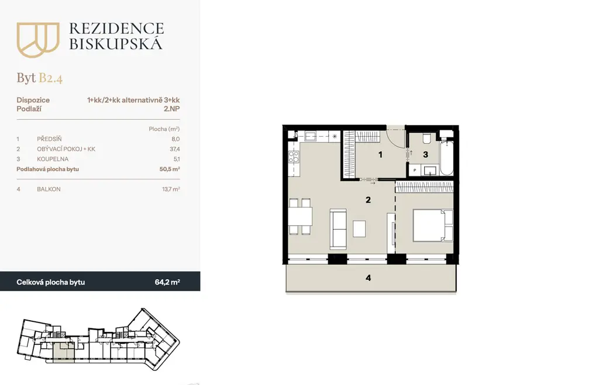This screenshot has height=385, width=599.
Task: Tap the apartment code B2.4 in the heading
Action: point(50,78)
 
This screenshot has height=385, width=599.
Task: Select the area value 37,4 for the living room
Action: point(174,149)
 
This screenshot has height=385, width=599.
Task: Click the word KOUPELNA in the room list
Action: point(53,159)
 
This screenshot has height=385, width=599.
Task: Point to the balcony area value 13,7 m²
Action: point(171,189)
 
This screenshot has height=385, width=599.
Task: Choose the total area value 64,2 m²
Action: point(167,282)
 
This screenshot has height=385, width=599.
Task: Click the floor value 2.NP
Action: point(171,109)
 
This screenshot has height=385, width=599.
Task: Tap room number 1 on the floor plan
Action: point(380,155)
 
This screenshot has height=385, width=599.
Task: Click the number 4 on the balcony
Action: point(369,278)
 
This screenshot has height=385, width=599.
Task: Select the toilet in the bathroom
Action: point(426,138)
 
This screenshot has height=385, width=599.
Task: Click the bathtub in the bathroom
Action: point(446,158)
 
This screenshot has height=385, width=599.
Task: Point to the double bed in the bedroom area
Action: point(433,225)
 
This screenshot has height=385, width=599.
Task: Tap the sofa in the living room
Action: point(338,229)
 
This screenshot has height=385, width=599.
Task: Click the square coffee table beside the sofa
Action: point(359,229)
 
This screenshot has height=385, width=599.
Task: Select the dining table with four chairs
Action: point(300,216)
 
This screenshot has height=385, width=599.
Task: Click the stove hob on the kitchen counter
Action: point(294,157)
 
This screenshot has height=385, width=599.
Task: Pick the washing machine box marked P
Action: point(415,170)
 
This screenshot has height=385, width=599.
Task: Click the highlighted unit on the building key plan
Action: point(63,352)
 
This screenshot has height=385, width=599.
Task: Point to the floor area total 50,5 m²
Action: point(170,169)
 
